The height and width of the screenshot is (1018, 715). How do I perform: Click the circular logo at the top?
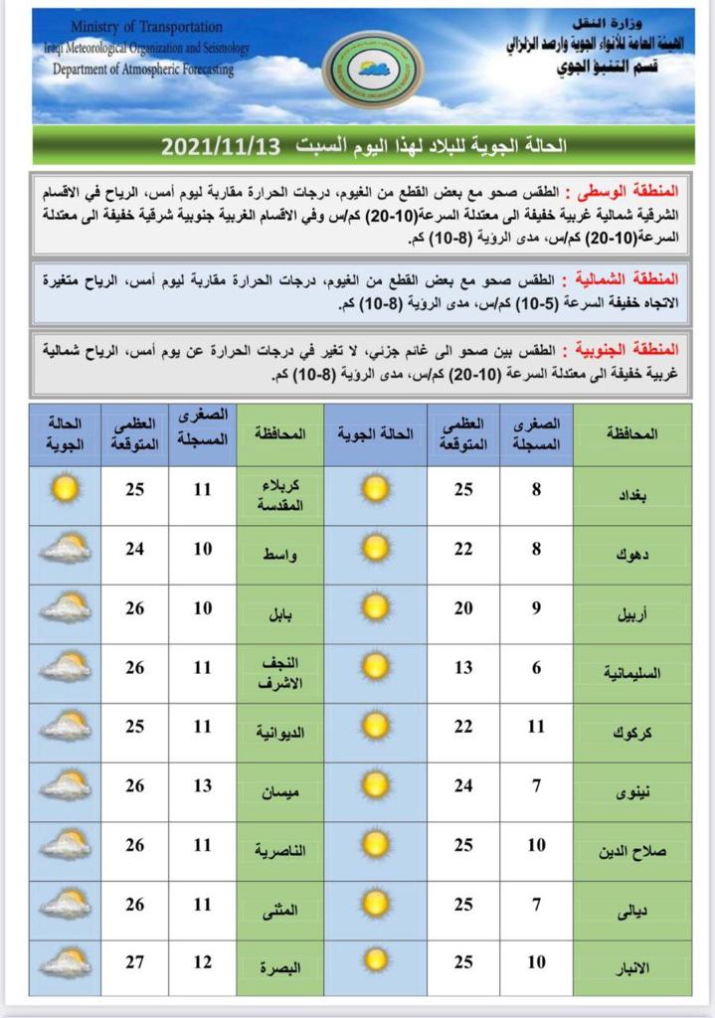[373, 69]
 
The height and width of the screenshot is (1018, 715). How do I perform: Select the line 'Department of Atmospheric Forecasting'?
[144, 71]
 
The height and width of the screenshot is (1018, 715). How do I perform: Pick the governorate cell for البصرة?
[279, 964]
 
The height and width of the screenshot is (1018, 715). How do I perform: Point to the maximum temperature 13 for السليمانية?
[463, 668]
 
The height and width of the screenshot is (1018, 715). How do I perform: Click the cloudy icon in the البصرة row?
[65, 962]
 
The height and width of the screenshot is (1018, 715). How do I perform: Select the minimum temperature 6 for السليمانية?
[536, 668]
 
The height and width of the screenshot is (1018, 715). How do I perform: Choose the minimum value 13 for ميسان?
[203, 786]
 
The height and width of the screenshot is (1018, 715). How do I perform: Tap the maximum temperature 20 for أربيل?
[463, 608]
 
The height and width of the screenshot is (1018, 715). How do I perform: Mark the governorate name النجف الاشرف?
[279, 667]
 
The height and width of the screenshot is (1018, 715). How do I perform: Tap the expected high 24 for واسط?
[134, 549]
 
